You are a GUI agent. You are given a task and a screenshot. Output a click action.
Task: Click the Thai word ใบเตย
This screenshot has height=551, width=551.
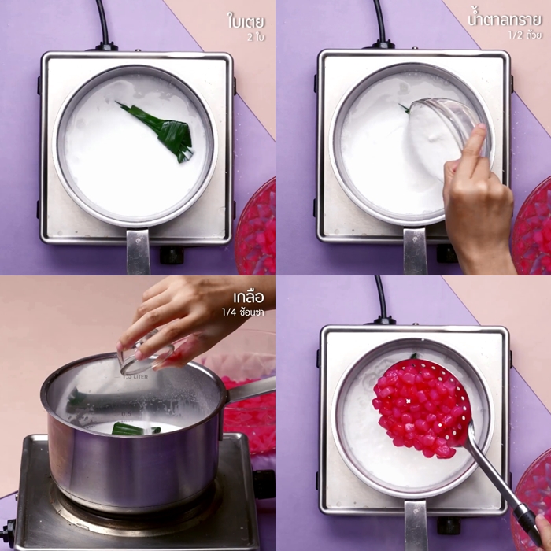246,21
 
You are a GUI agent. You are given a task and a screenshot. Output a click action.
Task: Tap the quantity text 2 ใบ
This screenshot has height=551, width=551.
256,37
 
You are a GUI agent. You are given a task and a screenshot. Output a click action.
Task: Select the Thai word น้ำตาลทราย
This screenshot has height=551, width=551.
505,20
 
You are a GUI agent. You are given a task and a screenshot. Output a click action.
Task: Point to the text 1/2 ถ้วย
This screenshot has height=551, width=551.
525,35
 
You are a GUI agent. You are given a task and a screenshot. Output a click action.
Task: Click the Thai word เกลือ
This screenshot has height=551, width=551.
249,298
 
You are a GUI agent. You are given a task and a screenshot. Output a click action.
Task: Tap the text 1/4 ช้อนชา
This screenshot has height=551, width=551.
242,312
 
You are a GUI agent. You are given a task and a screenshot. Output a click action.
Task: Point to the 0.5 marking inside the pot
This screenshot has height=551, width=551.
126,414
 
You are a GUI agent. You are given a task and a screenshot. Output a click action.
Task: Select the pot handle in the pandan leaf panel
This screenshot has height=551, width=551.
138,251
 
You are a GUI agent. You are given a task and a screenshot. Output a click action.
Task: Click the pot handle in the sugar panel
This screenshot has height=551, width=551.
416,251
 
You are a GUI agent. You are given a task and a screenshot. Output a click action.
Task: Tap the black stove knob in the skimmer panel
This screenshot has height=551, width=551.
449,525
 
